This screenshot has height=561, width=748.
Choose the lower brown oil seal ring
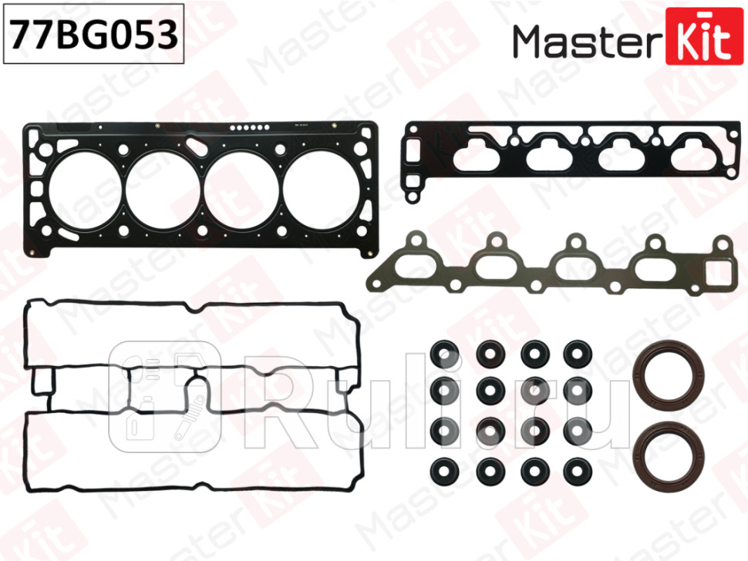tap(667, 456)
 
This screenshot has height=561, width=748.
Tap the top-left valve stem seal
tap(446, 354)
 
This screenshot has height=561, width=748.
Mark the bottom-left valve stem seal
tap(446, 468)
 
